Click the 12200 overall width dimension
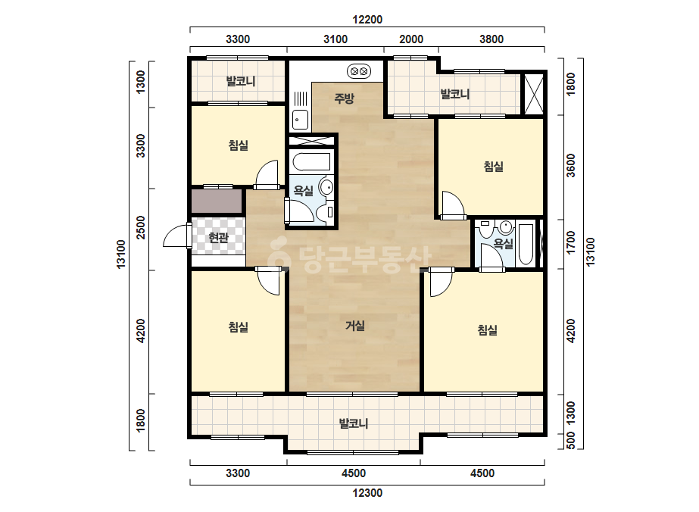pyautogui.click(x=367, y=20)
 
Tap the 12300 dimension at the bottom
pyautogui.click(x=367, y=493)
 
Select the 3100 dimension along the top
pyautogui.click(x=335, y=39)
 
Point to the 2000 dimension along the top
pyautogui.click(x=411, y=39)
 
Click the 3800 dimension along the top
pyautogui.click(x=491, y=39)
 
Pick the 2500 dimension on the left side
pyautogui.click(x=141, y=227)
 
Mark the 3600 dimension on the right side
pyautogui.click(x=571, y=165)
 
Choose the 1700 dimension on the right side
pyautogui.click(x=571, y=242)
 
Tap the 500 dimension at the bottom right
pyautogui.click(x=571, y=440)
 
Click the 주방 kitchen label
pyautogui.click(x=344, y=98)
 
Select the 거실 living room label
pyautogui.click(x=355, y=326)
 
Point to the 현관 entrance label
pyautogui.click(x=218, y=237)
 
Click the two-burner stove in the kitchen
pyautogui.click(x=359, y=71)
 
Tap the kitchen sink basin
pyautogui.click(x=300, y=120)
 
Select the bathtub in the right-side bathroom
pyautogui.click(x=526, y=245)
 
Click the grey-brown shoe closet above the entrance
pyautogui.click(x=217, y=201)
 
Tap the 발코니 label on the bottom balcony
pyautogui.click(x=354, y=423)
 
